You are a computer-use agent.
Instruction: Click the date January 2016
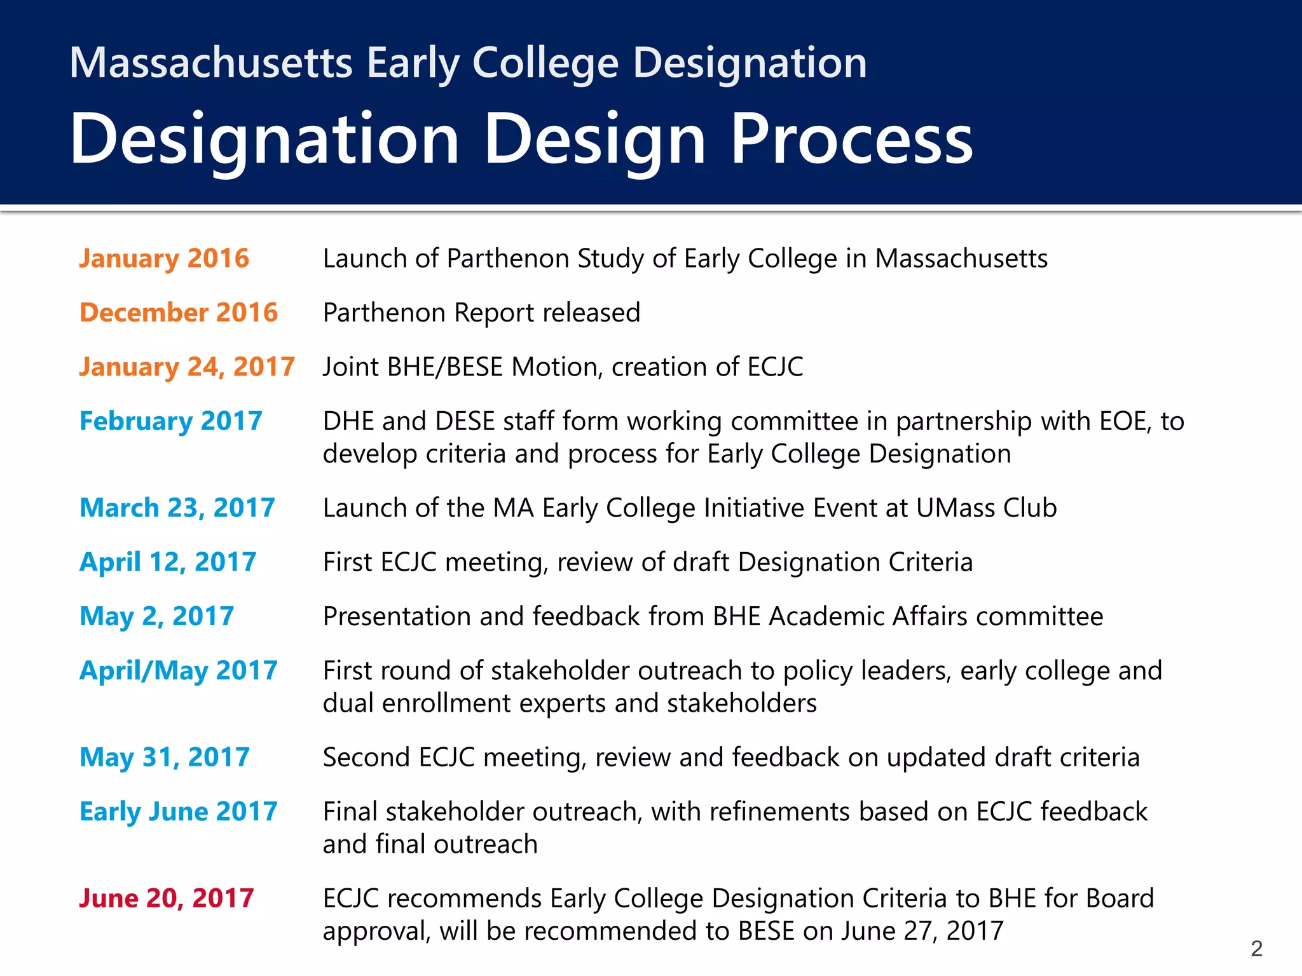(164, 259)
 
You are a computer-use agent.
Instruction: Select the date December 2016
(179, 313)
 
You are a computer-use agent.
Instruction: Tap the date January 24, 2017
(187, 367)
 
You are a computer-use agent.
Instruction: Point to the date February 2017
(170, 421)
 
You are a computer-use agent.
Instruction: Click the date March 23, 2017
(177, 508)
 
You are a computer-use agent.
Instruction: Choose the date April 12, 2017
(168, 562)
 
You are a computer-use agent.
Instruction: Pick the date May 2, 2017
(156, 616)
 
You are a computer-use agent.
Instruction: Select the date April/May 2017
(178, 671)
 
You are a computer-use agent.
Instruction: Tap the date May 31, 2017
(164, 757)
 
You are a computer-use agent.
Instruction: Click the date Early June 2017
(178, 811)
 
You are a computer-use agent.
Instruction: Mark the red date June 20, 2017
(166, 898)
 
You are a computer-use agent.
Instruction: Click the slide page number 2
(1256, 949)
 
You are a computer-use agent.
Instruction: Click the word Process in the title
(851, 139)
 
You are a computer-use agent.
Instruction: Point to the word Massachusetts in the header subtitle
(210, 63)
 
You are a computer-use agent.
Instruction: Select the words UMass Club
(986, 508)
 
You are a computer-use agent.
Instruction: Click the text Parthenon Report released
(481, 313)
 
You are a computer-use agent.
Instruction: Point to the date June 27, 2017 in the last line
(922, 931)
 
